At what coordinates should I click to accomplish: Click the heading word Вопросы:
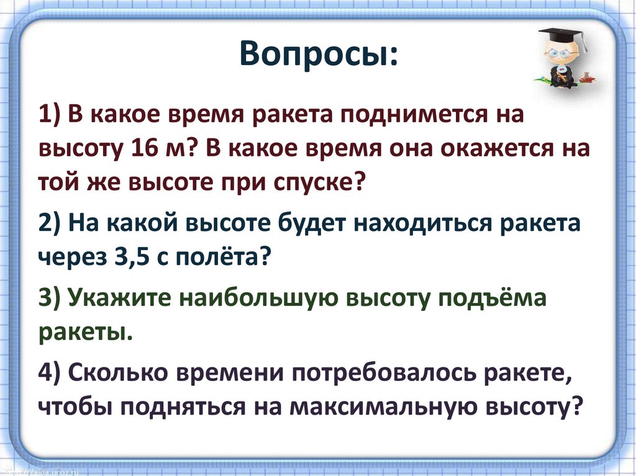pos(318,57)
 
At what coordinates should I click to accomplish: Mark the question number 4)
pos(50,374)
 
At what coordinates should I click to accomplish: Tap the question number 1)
pos(50,115)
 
